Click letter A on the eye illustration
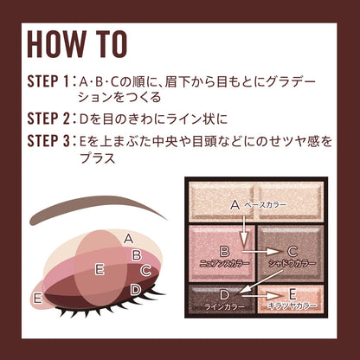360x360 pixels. tap(128, 238)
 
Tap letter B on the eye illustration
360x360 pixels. tap(136, 254)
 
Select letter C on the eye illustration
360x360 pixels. tap(145, 271)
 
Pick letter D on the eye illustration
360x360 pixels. tap(136, 289)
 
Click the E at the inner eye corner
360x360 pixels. tap(38, 299)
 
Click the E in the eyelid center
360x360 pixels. tap(100, 269)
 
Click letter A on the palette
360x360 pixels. tap(235, 205)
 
